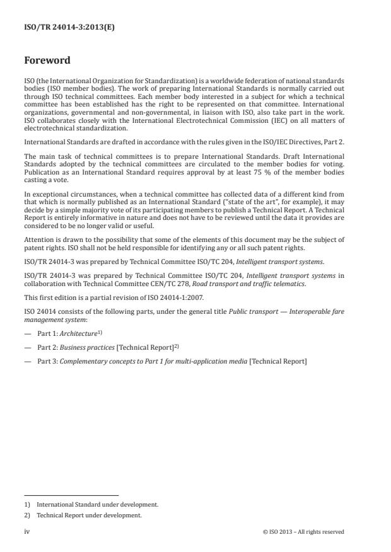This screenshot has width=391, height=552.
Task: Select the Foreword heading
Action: (48, 61)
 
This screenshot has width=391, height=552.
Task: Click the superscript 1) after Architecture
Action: (101, 331)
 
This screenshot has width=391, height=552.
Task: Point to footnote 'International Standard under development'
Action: (97, 504)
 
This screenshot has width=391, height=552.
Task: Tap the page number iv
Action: (26, 531)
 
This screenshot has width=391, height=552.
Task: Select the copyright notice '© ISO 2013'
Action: (280, 532)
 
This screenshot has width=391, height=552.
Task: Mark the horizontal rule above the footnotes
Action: (71, 495)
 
